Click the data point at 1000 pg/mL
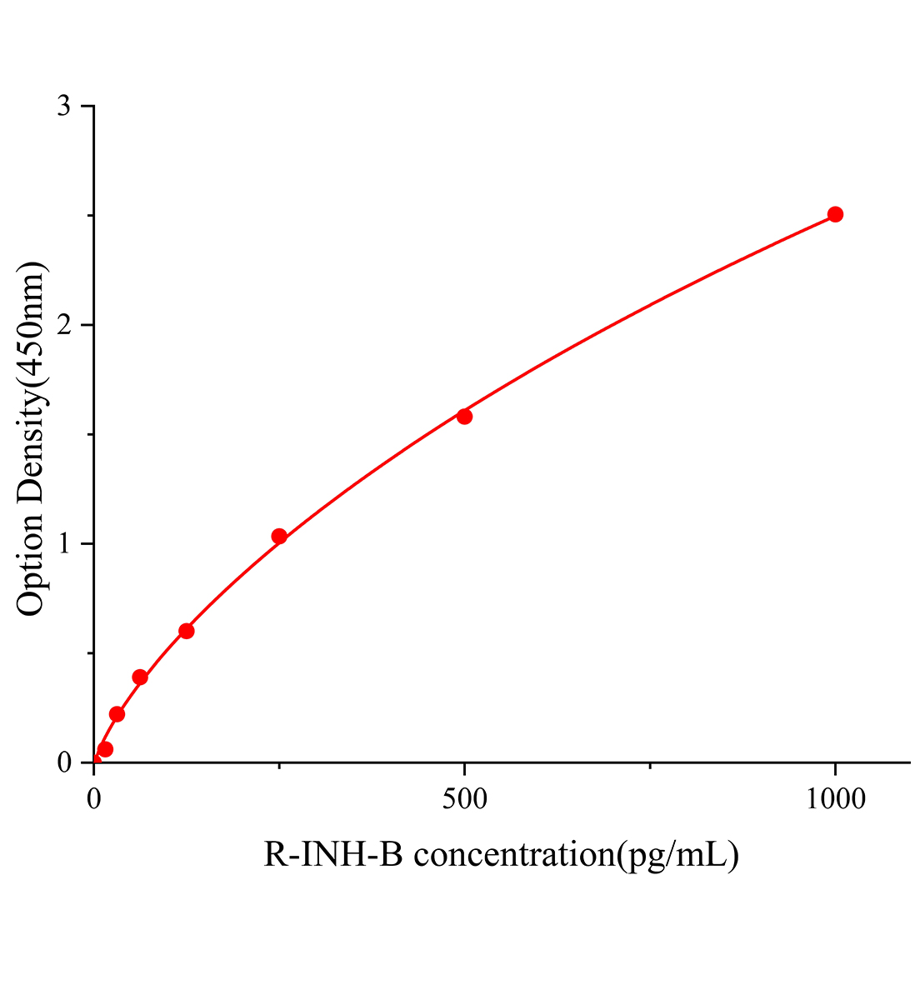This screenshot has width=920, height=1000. (835, 214)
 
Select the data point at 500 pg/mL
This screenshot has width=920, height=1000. (464, 416)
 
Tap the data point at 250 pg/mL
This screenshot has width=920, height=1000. (279, 536)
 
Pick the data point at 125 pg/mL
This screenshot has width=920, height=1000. (187, 631)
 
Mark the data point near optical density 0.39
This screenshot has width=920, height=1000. (140, 677)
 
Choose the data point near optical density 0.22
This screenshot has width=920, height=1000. (117, 714)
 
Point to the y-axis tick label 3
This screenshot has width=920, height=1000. (64, 107)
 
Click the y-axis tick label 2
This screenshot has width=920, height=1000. (64, 325)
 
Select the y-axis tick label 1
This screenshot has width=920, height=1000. (64, 544)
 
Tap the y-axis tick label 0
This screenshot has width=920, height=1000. (64, 762)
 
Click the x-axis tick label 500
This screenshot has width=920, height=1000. (464, 799)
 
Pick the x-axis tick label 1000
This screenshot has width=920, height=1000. (835, 799)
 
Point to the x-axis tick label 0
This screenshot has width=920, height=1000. (94, 799)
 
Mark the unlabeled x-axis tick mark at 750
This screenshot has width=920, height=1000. (650, 767)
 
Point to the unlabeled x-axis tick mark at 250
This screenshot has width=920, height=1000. (279, 767)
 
